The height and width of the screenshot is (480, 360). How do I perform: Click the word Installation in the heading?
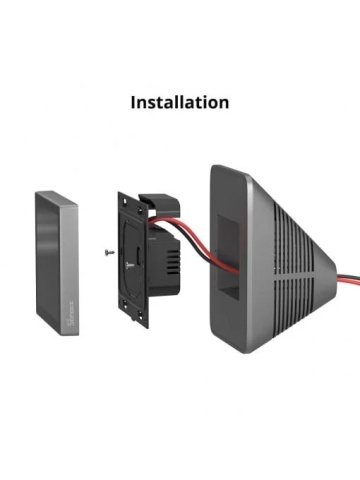pyautogui.click(x=180, y=102)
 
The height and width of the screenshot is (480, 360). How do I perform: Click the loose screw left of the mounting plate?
pyautogui.click(x=110, y=252)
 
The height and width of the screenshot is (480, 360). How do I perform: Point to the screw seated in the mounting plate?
pyautogui.click(x=130, y=265)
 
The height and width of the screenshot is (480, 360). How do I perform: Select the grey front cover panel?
pyautogui.click(x=57, y=263)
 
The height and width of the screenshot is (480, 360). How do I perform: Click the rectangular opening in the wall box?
pyautogui.click(x=228, y=256)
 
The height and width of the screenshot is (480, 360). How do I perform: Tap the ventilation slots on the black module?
pyautogui.click(x=173, y=262)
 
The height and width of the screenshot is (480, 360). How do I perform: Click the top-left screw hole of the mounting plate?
pyautogui.click(x=125, y=201)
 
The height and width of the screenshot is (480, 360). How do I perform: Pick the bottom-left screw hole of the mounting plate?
pyautogui.click(x=125, y=304)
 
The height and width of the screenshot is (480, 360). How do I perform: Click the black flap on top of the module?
pyautogui.click(x=160, y=204)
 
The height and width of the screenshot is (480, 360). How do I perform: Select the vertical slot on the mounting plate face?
pyautogui.click(x=138, y=258)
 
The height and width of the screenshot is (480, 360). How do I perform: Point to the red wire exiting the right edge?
pyautogui.click(x=348, y=281)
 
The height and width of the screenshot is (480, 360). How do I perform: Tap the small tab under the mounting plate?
pyautogui.click(x=134, y=319)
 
